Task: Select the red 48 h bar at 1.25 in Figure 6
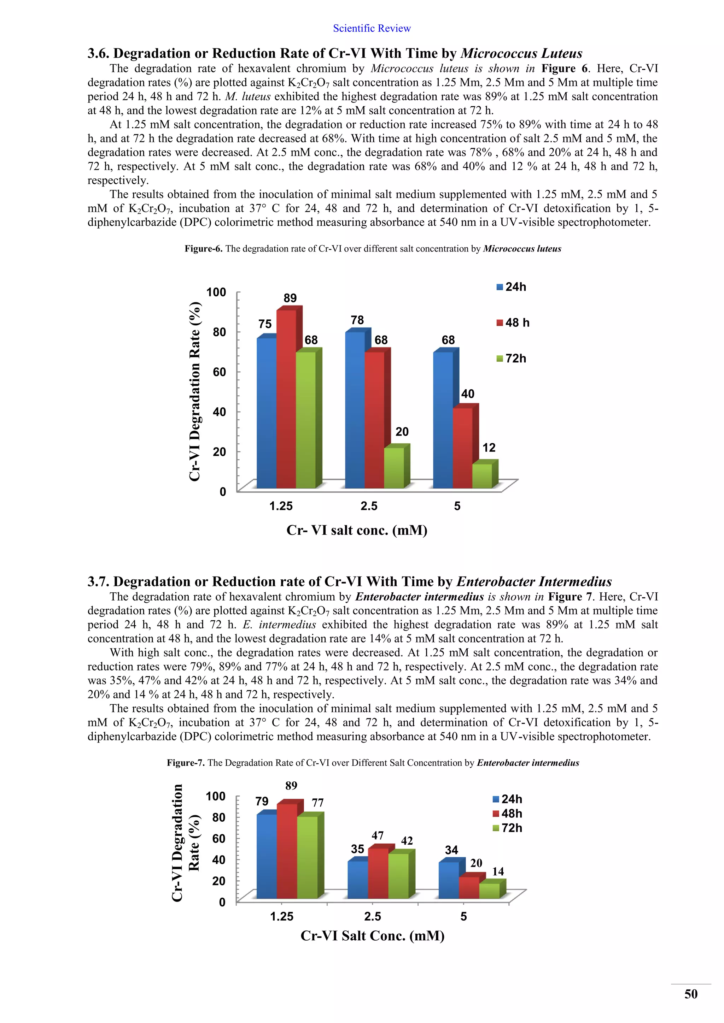click(x=286, y=399)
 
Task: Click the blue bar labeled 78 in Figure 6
click(x=355, y=410)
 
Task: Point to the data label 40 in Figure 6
click(x=467, y=394)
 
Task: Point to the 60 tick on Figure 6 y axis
click(x=219, y=372)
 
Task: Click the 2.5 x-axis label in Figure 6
click(x=369, y=506)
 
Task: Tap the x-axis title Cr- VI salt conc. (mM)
click(x=357, y=530)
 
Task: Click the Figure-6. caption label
click(x=203, y=249)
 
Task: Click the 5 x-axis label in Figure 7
click(x=464, y=917)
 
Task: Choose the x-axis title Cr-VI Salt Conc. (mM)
click(x=372, y=936)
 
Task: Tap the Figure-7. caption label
click(x=186, y=763)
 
